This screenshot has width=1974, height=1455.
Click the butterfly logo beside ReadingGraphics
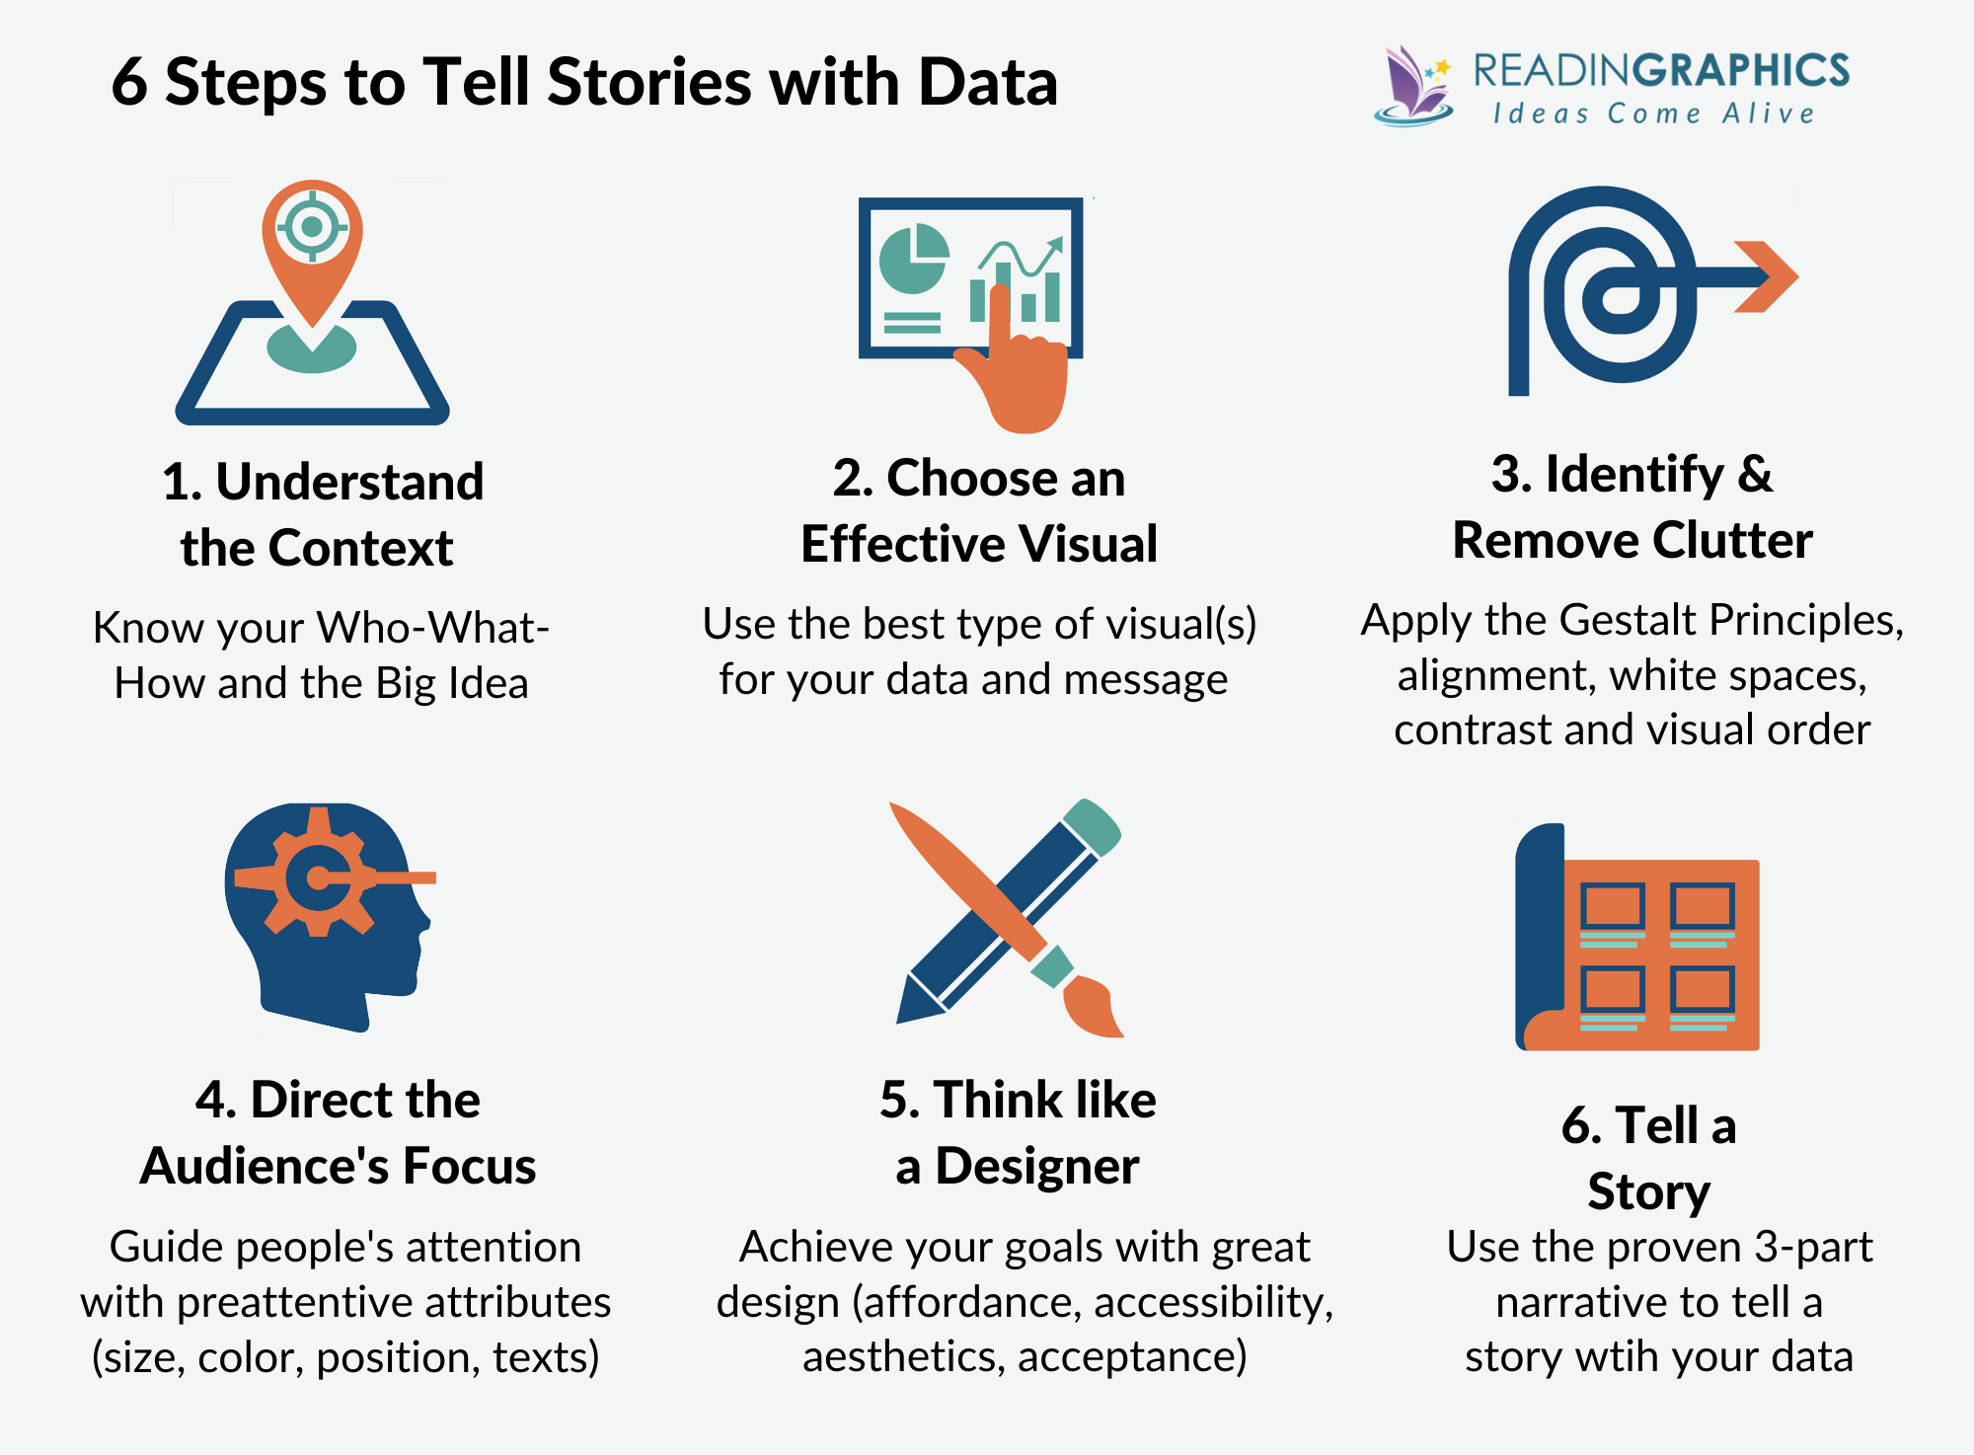coord(1412,87)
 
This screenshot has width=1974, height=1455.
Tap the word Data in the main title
coord(988,82)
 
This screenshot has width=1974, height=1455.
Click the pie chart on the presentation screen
coord(913,259)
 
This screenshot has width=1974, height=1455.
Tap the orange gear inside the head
coord(318,875)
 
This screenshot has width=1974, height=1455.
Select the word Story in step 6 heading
coord(1648,1191)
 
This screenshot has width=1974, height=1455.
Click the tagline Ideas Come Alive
coord(1654,115)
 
